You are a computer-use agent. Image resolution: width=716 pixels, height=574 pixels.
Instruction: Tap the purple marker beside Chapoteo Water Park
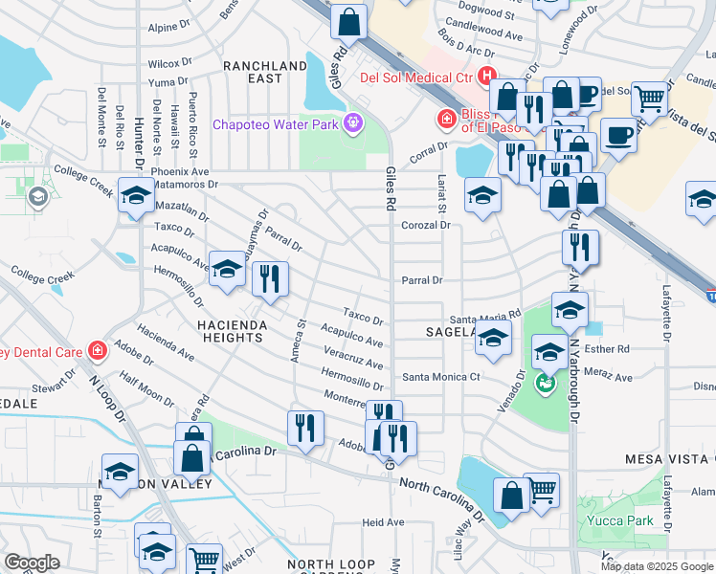[x=352, y=121]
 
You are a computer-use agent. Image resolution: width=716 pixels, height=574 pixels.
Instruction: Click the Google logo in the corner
[x=32, y=563]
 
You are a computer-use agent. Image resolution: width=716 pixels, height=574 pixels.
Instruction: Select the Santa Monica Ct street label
[x=439, y=377]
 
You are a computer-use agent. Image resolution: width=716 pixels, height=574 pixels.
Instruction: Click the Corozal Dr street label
[x=426, y=225]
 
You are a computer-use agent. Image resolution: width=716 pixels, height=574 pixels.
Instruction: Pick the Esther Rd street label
[x=611, y=349]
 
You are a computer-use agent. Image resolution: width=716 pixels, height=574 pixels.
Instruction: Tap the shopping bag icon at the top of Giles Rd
[x=350, y=20]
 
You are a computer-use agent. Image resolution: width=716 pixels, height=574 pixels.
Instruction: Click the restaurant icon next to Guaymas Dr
[x=270, y=278]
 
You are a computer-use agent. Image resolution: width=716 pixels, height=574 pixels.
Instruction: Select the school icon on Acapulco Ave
[x=227, y=270]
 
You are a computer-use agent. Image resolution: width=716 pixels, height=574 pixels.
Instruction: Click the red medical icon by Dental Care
[x=96, y=351]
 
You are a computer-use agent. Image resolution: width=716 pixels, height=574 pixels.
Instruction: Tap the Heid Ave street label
[x=383, y=522]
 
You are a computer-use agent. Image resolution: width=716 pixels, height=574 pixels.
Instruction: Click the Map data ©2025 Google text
[x=656, y=566]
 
